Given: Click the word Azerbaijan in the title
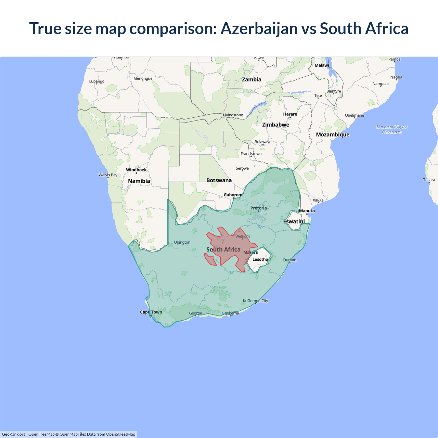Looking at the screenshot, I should tap(259, 29).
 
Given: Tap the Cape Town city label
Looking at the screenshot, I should tap(151, 312).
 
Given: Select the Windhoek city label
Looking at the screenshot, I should tap(136, 170).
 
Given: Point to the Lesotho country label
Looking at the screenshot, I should tap(260, 259).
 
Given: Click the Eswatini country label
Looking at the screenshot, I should tap(294, 221).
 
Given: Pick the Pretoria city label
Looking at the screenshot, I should tap(258, 208).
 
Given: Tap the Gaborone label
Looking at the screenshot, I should tap(233, 195).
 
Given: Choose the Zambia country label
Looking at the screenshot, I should tap(252, 79).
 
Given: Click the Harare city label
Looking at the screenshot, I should tap(290, 114).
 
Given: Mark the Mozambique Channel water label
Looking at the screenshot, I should tap(392, 129).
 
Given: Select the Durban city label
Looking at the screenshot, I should tap(289, 260).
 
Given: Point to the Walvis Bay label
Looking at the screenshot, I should tap(108, 175).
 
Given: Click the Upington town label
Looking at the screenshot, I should tap(182, 242).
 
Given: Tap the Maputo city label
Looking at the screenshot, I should tap(307, 211).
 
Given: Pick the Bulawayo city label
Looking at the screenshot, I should tap(263, 142).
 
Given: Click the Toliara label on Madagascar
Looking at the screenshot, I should tap(429, 180).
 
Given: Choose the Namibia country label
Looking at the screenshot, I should tap(139, 181).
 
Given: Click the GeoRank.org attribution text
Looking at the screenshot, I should tap(14, 434).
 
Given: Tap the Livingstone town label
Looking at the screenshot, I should tap(233, 115).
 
